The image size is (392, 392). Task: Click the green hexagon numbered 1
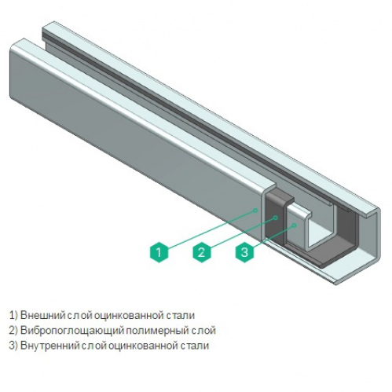click(159, 252)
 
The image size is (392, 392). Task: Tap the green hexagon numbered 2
click(201, 252)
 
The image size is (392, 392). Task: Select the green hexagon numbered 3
click(244, 252)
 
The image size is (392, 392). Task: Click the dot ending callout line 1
click(256, 210)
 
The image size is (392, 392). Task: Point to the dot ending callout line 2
click(276, 218)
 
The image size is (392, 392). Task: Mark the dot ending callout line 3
click(295, 225)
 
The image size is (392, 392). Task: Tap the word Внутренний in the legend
click(49, 346)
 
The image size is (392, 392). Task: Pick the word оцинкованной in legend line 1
click(128, 315)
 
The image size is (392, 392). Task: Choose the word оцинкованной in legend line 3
click(142, 346)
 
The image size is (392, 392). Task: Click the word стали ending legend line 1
click(181, 315)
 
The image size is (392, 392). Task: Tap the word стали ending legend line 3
click(195, 346)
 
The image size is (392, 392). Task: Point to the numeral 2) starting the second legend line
click(13, 331)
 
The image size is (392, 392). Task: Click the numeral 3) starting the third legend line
click(13, 346)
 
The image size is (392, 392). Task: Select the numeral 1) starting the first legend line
click(13, 315)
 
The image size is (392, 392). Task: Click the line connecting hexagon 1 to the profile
click(211, 229)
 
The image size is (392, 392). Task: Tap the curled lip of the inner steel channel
click(306, 214)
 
